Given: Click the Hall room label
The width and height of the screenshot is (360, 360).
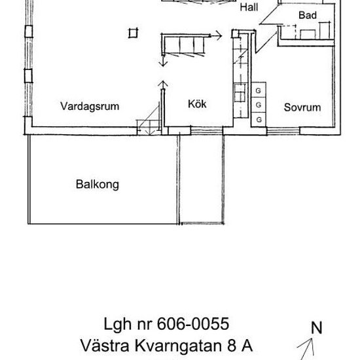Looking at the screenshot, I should pos(249,9).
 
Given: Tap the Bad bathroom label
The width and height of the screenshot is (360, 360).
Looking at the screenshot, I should pos(308,15).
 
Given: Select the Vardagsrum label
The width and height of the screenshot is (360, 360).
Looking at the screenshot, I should pos(90,106).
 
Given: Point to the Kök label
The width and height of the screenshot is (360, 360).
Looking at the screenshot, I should pos(197,104).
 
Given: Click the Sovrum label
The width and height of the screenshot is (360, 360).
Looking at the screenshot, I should pos(302,107).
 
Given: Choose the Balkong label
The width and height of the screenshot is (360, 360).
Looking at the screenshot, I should pos(97,185).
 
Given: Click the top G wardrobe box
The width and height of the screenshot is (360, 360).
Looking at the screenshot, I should pos(259,90).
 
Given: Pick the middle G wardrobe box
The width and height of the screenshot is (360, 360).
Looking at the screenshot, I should pos(259,105).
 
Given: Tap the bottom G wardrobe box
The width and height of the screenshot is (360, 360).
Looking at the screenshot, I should pos(259,120).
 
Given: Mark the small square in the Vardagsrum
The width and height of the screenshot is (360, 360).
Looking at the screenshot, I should pos(134,32).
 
